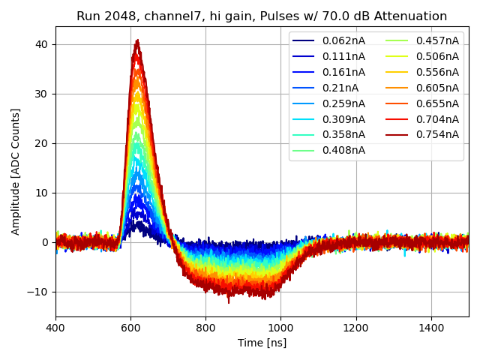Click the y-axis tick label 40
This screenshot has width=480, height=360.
[42, 44]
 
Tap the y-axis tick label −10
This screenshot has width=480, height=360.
[39, 292]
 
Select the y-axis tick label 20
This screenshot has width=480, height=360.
[42, 143]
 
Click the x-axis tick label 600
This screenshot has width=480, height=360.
[130, 328]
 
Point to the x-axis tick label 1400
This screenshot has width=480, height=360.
[431, 328]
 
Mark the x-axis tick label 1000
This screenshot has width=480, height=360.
[280, 328]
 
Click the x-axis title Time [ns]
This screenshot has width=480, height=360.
[262, 343]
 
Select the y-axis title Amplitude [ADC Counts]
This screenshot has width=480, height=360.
[16, 171]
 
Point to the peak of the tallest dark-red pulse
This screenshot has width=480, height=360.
[137, 40]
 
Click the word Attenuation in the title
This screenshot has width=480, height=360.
[412, 16]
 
